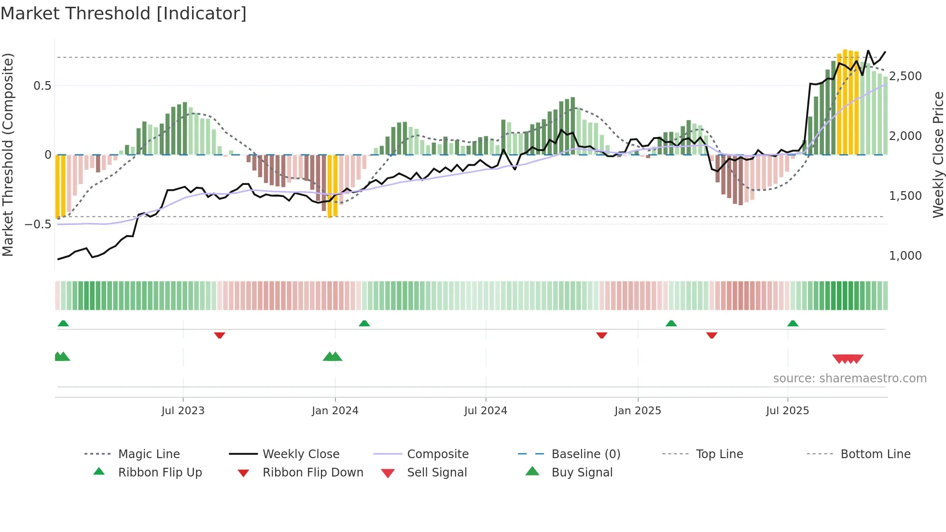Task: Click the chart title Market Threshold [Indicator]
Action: click(124, 14)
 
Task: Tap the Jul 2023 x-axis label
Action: click(183, 411)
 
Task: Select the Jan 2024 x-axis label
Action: click(335, 411)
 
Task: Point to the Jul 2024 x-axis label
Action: click(486, 411)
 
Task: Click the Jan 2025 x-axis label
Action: click(638, 411)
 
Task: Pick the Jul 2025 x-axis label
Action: click(787, 411)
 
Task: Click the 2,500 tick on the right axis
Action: click(905, 76)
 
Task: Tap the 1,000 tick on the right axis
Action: click(905, 256)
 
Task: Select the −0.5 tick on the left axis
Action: click(38, 224)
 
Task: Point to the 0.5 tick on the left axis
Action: click(42, 86)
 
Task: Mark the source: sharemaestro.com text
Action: click(849, 378)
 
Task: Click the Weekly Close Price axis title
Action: click(938, 154)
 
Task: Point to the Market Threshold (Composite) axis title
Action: click(8, 154)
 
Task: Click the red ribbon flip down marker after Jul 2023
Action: click(220, 335)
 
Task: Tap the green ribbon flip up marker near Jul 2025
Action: click(793, 323)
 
